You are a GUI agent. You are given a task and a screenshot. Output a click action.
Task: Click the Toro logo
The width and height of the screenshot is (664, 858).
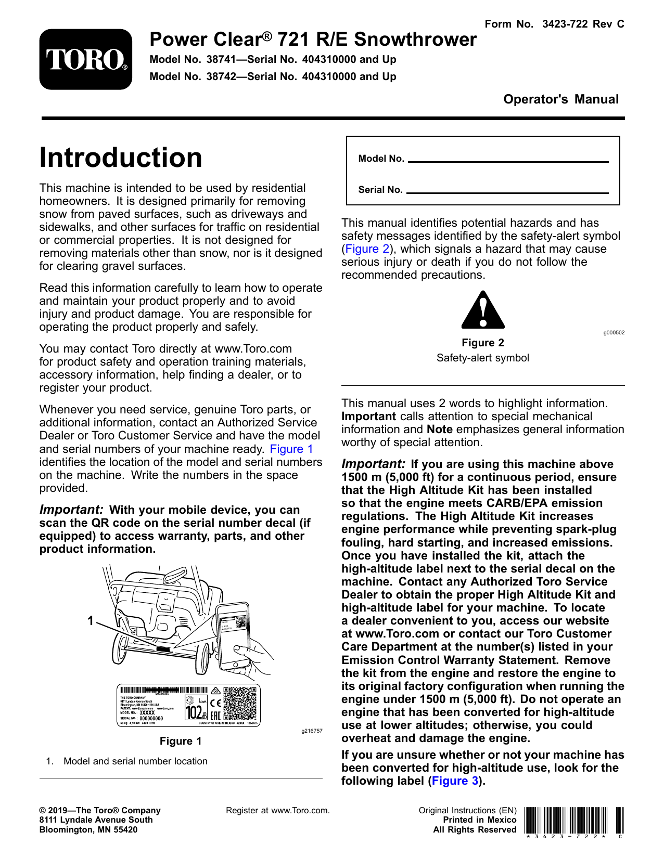pos(86,59)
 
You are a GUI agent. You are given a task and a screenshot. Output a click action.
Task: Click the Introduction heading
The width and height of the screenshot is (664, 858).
pos(121,158)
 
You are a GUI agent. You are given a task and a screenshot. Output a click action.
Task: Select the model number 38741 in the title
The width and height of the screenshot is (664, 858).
pos(221,59)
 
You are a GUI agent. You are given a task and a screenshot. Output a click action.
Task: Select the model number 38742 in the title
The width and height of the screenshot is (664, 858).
pos(221,76)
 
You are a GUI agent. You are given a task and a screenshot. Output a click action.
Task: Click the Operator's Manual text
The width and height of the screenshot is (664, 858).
pos(561,99)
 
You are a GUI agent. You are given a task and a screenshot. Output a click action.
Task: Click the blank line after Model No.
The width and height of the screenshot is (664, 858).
pos(508,161)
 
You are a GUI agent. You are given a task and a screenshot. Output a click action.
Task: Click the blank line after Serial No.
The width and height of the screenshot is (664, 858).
pos(507,192)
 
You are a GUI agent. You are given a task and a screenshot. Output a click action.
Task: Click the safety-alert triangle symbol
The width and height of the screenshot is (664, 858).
pos(483,311)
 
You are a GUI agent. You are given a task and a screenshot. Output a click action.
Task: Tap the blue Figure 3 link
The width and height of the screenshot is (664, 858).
pos(455,781)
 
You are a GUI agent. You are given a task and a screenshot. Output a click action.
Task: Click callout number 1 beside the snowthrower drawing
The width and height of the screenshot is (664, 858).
pos(91,620)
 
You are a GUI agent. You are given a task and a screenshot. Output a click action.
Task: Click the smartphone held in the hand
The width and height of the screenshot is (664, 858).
pos(233,637)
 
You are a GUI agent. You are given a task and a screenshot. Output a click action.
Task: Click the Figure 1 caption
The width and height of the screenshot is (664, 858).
pos(181,741)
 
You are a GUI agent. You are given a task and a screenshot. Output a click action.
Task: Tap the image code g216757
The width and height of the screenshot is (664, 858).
pos(312,731)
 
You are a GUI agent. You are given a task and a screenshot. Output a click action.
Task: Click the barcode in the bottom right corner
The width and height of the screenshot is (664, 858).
pos(573,821)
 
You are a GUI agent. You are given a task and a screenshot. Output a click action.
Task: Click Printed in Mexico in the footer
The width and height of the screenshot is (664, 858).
pos(479,820)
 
